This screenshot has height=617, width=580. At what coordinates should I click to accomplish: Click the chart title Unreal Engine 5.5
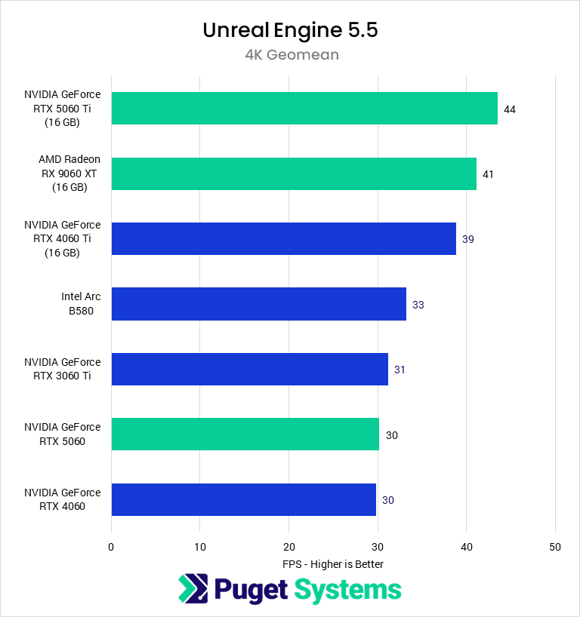pyautogui.click(x=290, y=29)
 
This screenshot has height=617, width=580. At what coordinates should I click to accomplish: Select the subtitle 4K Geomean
pyautogui.click(x=290, y=54)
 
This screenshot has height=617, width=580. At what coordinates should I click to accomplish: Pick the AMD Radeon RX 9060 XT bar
pyautogui.click(x=294, y=173)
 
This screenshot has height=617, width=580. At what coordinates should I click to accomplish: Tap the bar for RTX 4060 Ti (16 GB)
pyautogui.click(x=283, y=238)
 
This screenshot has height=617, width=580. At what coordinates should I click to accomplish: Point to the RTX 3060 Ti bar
pyautogui.click(x=249, y=369)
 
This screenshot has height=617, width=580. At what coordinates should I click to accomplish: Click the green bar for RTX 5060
pyautogui.click(x=245, y=434)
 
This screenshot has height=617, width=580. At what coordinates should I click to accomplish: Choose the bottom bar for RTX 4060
pyautogui.click(x=243, y=499)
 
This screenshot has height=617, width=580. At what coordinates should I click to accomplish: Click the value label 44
pyautogui.click(x=510, y=109)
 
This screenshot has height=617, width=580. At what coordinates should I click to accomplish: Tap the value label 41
pyautogui.click(x=488, y=174)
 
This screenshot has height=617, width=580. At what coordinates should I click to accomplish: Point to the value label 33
pyautogui.click(x=418, y=305)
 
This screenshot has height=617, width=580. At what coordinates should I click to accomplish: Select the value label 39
pyautogui.click(x=467, y=239)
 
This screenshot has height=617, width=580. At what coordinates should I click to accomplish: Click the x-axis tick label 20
pyautogui.click(x=288, y=547)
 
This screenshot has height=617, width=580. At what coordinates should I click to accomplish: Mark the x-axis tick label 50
pyautogui.click(x=555, y=547)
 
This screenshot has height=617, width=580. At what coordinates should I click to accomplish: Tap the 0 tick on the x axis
pyautogui.click(x=111, y=547)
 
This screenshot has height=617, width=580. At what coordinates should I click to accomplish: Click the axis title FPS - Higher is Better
pyautogui.click(x=333, y=564)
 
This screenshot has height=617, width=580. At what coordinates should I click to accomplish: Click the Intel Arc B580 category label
pyautogui.click(x=81, y=304)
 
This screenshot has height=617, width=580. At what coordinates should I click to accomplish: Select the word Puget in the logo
pyautogui.click(x=250, y=590)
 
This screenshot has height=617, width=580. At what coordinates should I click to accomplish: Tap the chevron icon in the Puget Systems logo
pyautogui.click(x=192, y=590)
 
